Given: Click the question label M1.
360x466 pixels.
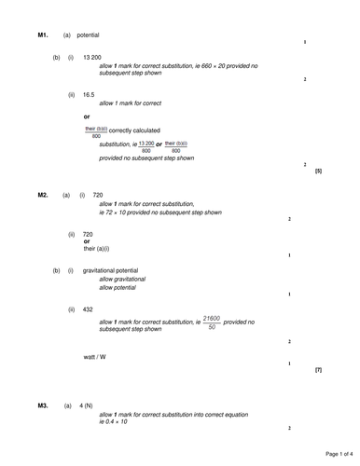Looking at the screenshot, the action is pos(43,35).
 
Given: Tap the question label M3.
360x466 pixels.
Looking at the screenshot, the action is pos(43,406).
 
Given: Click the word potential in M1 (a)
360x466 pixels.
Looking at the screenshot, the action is pos(89,35).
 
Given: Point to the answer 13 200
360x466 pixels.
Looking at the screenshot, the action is pos(92,58).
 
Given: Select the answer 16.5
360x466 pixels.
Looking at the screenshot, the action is pos(90,94).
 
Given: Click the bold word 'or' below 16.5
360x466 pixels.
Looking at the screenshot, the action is pos(88,116).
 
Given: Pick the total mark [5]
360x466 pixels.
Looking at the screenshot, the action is pos(318,171).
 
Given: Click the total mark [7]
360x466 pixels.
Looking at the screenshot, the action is pos(318,370).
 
